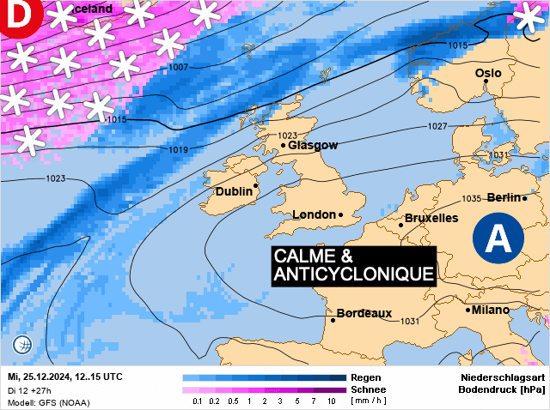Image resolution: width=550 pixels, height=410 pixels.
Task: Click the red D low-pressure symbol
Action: (15, 15)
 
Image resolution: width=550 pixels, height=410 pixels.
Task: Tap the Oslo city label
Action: (488, 74)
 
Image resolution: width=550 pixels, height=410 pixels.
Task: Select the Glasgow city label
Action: (313, 145)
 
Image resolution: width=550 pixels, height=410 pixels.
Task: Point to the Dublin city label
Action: (234, 191)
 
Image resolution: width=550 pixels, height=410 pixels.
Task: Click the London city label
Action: (314, 214)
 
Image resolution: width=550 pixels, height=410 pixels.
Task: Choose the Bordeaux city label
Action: (364, 313)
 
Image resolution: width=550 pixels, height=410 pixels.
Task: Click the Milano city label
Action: (490, 310)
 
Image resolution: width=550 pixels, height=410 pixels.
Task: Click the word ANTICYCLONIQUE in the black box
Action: (353, 274)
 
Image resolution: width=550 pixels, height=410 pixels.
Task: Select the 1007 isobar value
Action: (178, 67)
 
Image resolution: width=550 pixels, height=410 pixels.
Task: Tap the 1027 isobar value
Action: (438, 127)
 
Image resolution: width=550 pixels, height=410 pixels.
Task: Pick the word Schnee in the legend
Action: (367, 389)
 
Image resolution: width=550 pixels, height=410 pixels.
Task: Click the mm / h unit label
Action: (369, 401)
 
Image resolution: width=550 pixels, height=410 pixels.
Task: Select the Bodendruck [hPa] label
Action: (504, 389)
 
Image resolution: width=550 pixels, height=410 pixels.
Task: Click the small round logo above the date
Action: (22, 346)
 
